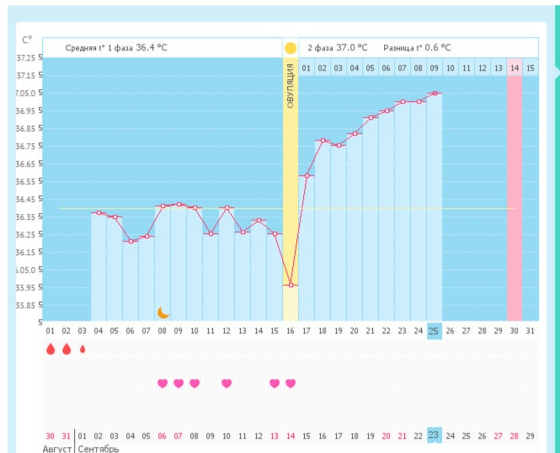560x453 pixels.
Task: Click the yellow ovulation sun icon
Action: point(291,48)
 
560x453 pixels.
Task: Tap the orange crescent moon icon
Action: point(163,312)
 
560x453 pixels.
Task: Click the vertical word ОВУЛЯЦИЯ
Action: point(291,86)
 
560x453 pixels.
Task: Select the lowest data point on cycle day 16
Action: point(291,285)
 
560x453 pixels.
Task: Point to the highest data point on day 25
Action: point(435,93)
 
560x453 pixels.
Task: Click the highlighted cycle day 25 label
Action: point(435,331)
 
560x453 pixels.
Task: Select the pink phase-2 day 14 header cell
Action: point(514,67)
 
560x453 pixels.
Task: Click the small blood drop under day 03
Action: point(83,349)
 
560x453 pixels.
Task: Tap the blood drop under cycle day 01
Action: point(51,349)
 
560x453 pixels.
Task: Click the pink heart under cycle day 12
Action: point(227,383)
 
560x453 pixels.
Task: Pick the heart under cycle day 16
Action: point(291,383)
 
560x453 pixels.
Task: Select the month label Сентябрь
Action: point(98,448)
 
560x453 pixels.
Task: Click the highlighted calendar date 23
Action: point(435,435)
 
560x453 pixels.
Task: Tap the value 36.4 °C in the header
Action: point(152,48)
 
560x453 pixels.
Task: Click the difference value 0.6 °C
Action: point(434,48)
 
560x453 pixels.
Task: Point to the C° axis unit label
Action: point(27,40)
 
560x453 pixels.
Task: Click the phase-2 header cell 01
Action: point(307,67)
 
